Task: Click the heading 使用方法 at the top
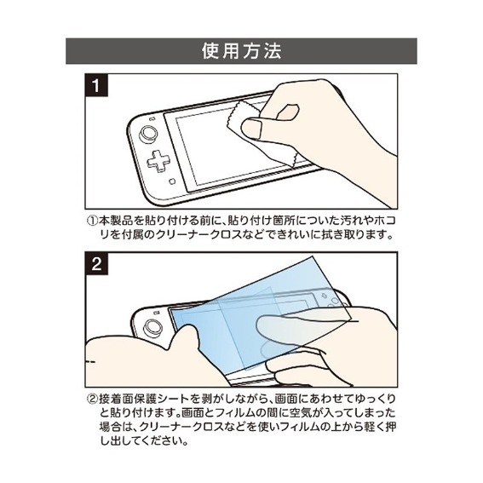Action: [x=241, y=49]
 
